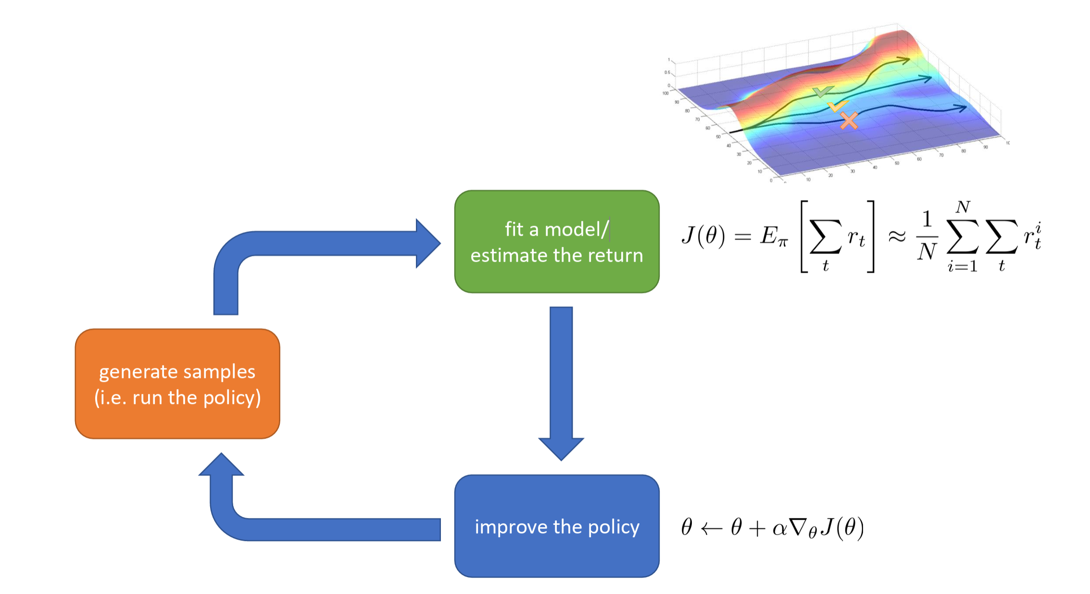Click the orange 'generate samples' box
tap(177, 384)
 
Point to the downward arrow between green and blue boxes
tap(561, 380)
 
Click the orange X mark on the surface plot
tap(849, 120)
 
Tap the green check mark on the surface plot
tap(823, 91)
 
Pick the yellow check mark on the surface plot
tap(837, 106)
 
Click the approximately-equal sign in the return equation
tap(897, 236)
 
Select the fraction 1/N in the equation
tap(927, 236)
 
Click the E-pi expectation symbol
tap(774, 236)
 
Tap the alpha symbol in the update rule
tap(779, 529)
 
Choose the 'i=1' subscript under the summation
tap(963, 266)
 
